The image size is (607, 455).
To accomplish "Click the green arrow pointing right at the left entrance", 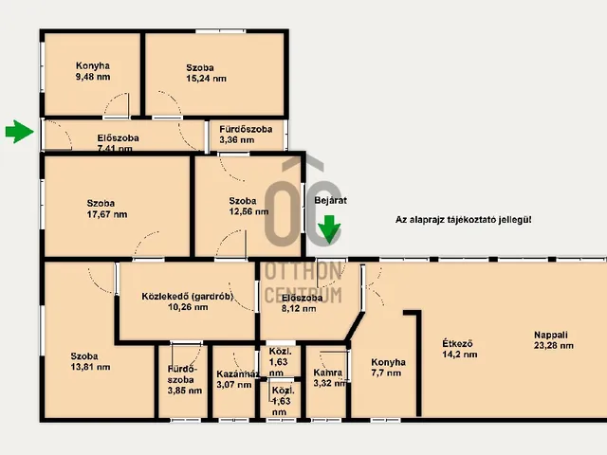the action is click(19, 132).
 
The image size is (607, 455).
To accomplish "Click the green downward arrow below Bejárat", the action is click(329, 229).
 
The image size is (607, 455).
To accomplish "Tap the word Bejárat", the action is click(331, 200).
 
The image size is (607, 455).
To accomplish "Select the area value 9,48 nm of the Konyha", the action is click(93, 77).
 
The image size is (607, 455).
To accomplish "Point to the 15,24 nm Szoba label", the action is click(206, 73).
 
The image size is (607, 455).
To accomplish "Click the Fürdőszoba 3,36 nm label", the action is click(246, 135).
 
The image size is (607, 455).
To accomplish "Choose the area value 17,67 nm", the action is click(107, 214).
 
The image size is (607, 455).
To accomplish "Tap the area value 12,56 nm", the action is click(248, 211).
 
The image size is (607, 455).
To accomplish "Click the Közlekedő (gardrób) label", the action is click(188, 297).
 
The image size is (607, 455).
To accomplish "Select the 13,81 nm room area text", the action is click(91, 367).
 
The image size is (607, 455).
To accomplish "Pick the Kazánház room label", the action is click(238, 374).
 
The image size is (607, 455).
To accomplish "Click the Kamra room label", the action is click(328, 373).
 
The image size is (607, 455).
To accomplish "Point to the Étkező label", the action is click(457, 343).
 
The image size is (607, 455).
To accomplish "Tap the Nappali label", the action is click(551, 335).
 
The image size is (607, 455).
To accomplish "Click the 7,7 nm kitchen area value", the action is click(386, 373).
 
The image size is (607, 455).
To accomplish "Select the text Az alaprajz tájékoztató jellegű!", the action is click(464, 220).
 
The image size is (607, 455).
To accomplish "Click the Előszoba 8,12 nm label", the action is click(302, 303).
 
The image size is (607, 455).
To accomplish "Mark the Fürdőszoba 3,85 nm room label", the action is click(185, 379).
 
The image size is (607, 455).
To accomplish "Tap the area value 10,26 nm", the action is click(188, 307).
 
